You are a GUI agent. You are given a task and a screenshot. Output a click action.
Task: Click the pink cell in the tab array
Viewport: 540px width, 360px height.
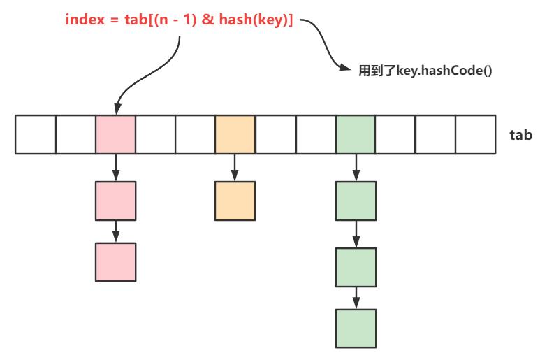115,135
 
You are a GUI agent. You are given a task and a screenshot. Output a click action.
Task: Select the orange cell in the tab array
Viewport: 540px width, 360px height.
235,135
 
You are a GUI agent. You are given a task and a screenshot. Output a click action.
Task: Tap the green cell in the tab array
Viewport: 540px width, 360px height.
355,135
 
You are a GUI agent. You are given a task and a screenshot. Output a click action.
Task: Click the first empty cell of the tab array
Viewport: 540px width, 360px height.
35,135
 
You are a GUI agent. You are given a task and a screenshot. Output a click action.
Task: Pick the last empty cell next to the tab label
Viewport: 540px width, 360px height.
475,135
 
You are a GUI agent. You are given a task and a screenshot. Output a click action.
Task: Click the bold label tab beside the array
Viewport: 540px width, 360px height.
522,135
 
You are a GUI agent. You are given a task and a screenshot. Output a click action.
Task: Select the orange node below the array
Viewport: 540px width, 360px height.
235,201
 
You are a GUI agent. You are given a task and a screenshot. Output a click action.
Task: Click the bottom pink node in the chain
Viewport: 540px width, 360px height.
115,261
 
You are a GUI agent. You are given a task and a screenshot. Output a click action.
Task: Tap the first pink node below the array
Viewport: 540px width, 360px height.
115,201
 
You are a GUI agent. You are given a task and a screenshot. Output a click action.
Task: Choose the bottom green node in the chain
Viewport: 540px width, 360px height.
356,327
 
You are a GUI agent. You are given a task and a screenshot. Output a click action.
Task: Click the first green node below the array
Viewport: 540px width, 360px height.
356,201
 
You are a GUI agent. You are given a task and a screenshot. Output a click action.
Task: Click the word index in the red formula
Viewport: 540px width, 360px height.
81,20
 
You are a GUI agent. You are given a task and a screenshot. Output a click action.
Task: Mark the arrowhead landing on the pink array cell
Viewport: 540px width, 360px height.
116,110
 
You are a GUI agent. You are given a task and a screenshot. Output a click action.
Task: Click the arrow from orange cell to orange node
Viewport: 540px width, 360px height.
235,167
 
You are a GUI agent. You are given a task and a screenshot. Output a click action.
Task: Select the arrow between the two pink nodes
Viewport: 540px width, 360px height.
115,231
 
